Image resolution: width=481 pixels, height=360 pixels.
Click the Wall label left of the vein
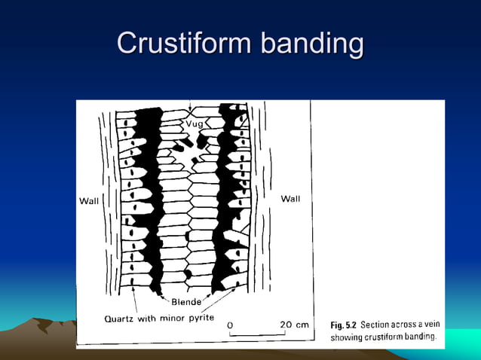90,200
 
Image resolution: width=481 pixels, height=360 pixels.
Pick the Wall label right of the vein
290,199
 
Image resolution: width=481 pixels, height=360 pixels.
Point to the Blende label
186,302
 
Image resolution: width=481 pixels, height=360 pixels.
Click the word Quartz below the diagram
120,318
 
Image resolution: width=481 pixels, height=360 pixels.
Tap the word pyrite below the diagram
200,318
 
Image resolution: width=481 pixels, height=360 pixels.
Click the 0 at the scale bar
230,325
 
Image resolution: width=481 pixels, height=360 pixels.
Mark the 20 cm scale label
294,325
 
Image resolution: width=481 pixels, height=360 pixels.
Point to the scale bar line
256,334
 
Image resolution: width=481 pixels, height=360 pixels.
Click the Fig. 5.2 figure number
344,325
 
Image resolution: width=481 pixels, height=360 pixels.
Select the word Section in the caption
376,325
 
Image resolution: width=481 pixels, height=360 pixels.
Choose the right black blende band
225,203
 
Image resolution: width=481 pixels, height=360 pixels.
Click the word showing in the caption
346,337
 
